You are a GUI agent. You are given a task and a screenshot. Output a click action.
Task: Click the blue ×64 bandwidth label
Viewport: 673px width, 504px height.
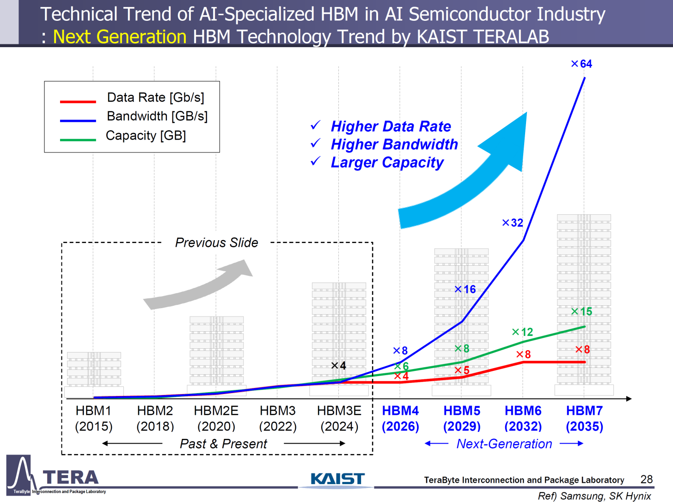[581, 64]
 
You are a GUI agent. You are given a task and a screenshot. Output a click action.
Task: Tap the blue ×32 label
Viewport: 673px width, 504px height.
[513, 223]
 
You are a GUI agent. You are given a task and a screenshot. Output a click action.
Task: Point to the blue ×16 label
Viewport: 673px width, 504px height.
[465, 289]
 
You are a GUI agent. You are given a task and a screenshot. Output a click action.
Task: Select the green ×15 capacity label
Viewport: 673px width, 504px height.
[581, 311]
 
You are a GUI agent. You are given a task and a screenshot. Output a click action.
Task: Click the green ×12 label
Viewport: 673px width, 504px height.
[522, 332]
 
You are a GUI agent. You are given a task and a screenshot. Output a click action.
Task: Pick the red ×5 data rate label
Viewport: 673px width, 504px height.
[462, 370]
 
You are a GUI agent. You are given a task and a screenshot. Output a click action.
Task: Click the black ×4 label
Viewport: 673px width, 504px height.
[338, 365]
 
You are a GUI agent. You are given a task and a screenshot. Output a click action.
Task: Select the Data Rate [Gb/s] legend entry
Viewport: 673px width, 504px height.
[155, 97]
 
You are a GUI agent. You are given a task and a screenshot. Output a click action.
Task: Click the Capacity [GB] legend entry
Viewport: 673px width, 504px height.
[146, 136]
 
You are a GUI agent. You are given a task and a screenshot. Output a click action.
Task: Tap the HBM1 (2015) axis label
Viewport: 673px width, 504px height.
[93, 418]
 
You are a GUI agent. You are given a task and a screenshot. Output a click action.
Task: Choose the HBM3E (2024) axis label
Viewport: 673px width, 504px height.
[339, 418]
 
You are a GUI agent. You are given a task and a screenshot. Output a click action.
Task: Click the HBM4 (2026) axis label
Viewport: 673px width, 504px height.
[400, 418]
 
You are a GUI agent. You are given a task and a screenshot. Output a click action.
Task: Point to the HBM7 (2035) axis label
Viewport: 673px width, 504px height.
[584, 418]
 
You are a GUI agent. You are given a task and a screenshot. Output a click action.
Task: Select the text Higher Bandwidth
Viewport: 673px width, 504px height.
[394, 144]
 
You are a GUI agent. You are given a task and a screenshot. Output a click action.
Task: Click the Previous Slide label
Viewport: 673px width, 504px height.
[216, 243]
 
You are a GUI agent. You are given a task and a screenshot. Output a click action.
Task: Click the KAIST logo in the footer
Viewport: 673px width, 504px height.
[337, 479]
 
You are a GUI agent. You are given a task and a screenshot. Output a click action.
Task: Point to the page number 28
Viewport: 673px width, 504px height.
[646, 479]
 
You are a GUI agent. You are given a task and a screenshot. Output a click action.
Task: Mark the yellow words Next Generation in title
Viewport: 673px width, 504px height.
[120, 36]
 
